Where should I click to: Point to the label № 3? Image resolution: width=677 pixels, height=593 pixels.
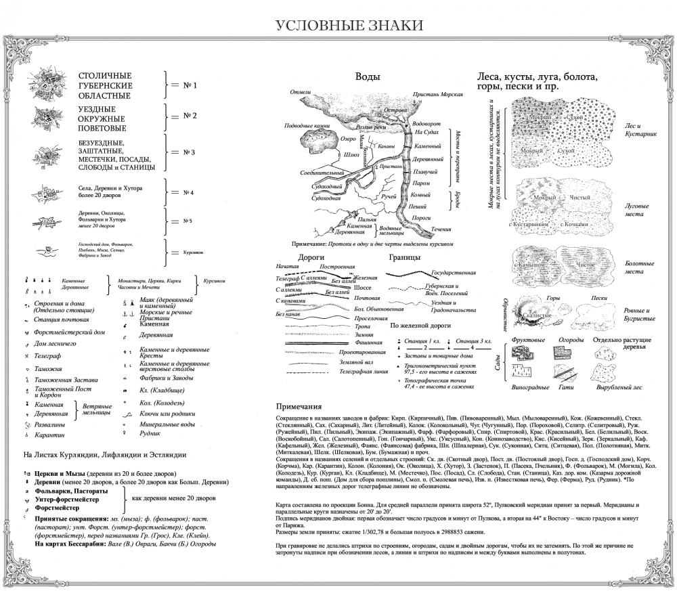point(188,152)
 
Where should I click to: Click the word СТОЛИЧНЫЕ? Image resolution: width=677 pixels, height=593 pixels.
point(105,76)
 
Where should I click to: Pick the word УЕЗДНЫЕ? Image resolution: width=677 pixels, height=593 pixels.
point(97,109)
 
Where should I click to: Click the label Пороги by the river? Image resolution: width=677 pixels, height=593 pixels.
point(422,218)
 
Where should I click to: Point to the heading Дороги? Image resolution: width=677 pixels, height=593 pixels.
point(311,258)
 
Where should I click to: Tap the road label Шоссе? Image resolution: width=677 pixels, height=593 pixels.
point(363,288)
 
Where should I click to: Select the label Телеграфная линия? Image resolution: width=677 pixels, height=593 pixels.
point(364,372)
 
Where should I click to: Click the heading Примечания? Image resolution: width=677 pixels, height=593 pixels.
point(299,407)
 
